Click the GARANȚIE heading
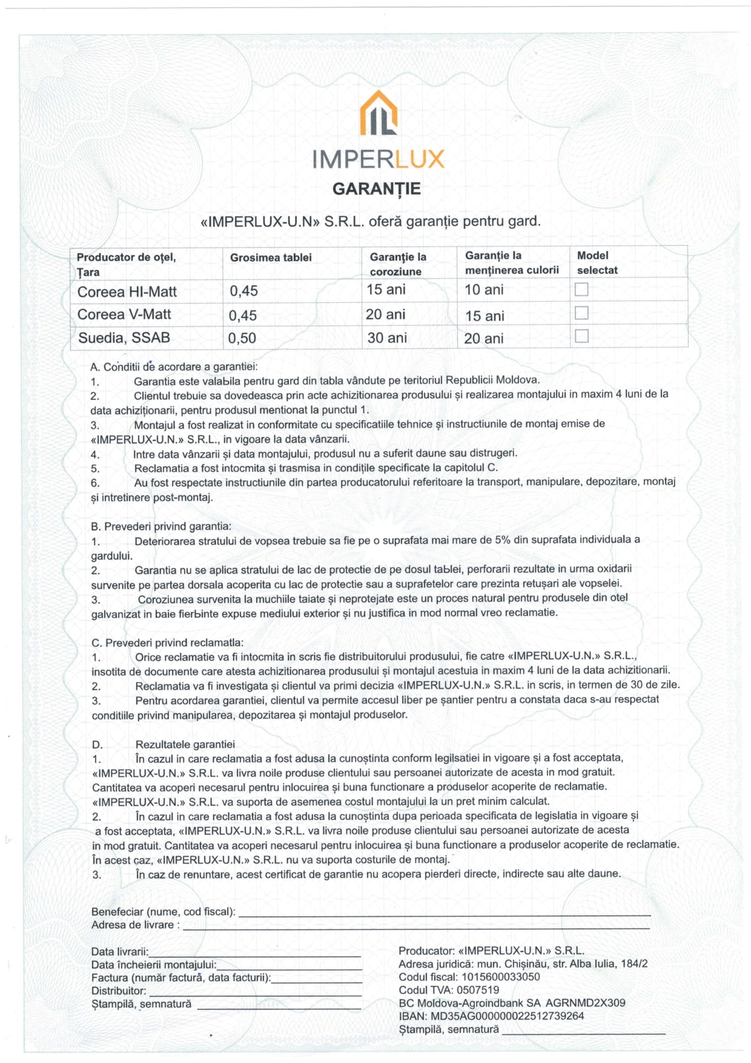click(376, 189)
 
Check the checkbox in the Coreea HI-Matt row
click(581, 290)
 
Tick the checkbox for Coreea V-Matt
click(581, 313)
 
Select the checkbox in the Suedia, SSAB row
click(581, 336)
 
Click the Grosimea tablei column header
click(271, 257)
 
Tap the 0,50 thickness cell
click(242, 338)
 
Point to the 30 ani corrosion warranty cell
click(387, 338)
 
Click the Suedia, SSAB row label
click(124, 338)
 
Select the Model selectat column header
click(597, 263)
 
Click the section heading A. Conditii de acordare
click(174, 366)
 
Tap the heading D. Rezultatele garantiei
click(164, 744)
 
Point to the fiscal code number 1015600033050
click(500, 976)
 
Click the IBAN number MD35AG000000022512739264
click(507, 1016)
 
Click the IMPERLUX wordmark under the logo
click(379, 159)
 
